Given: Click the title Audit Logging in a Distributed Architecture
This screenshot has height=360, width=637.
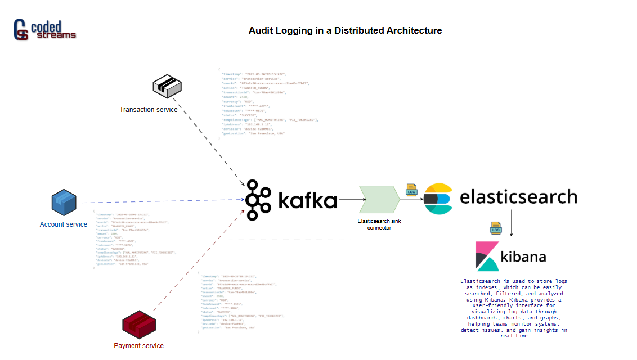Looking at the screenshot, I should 345,30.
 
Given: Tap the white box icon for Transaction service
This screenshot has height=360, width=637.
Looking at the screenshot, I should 167,85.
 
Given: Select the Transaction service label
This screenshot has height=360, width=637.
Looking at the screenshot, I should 149,109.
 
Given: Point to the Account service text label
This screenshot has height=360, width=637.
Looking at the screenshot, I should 64,224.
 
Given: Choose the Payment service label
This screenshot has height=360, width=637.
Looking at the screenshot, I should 138,345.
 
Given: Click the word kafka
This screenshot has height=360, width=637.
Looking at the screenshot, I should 307,200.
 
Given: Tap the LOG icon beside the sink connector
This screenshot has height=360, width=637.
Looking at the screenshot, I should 411,190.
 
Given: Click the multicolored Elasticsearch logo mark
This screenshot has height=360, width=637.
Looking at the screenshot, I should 438,199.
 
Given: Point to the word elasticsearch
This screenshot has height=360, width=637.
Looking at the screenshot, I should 518,196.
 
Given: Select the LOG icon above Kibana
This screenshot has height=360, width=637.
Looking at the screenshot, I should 496,228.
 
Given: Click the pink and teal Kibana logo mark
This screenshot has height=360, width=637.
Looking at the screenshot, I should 487,256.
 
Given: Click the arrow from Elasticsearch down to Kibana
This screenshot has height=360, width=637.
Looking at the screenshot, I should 511,223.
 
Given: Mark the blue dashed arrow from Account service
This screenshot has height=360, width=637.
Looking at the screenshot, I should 163,201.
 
